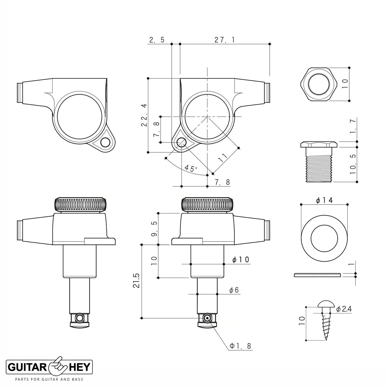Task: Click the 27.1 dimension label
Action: [224, 40]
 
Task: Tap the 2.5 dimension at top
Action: [157, 40]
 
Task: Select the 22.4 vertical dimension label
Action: [144, 115]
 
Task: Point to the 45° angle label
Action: [191, 168]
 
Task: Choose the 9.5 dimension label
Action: [154, 229]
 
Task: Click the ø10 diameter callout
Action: [241, 260]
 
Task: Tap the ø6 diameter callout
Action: [234, 290]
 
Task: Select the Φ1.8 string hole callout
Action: [241, 346]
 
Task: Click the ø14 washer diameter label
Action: [324, 200]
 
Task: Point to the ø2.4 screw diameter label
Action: [344, 309]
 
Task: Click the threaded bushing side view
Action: [319, 162]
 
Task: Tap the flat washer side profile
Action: [317, 275]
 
